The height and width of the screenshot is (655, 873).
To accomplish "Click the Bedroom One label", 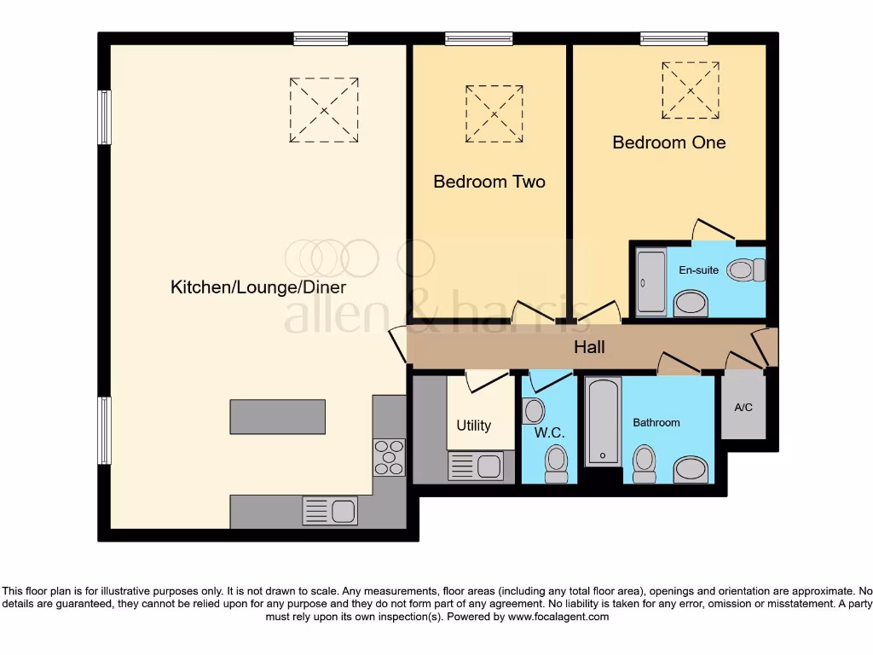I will click(668, 142).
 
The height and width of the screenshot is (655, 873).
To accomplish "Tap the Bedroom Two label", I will click(489, 182).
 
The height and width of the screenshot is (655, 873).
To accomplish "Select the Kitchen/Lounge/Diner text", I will click(258, 287).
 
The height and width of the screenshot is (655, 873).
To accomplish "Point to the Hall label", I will click(589, 347).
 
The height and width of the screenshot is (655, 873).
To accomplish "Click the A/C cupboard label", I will click(743, 408).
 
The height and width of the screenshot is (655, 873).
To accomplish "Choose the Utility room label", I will click(473, 426).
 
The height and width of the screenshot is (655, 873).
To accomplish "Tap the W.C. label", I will click(550, 433).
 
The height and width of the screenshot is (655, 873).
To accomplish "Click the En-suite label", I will click(698, 270).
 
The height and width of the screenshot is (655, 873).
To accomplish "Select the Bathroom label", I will click(656, 423).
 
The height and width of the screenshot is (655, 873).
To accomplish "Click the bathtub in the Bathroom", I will click(604, 421).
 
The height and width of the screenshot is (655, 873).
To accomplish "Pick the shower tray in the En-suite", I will click(651, 282).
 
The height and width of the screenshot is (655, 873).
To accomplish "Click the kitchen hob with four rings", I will click(389, 456).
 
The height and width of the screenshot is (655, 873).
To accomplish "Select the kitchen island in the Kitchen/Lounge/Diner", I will click(277, 416).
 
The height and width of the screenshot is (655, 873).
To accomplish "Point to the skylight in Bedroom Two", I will click(494, 114).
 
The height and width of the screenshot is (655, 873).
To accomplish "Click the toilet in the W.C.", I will click(556, 464).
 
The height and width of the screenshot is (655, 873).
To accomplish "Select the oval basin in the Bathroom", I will click(690, 469).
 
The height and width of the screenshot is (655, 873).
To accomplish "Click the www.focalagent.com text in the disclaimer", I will click(558, 617).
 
